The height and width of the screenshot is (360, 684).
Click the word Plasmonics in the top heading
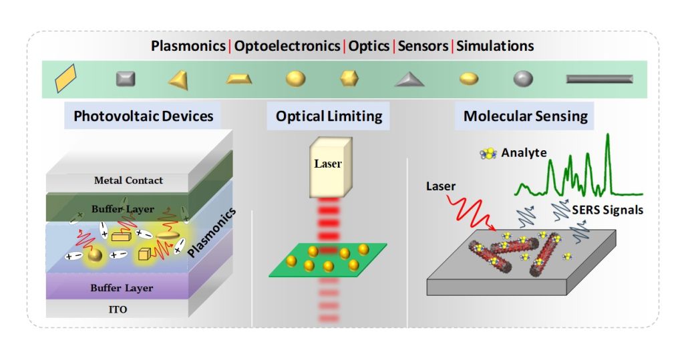pos(189,46)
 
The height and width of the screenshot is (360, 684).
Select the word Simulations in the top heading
pos(495,46)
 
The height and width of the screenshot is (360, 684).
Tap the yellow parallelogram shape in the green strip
pos(66,77)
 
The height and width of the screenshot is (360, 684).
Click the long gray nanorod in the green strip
pos(599,79)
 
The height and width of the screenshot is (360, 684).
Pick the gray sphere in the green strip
pos(523,79)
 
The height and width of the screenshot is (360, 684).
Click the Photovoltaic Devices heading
pos(144,116)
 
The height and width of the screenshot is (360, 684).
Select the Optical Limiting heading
pos(329,116)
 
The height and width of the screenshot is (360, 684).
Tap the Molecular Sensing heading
pos(526,116)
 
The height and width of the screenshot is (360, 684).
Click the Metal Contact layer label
pos(129,180)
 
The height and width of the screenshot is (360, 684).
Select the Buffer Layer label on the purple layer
pos(123,288)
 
